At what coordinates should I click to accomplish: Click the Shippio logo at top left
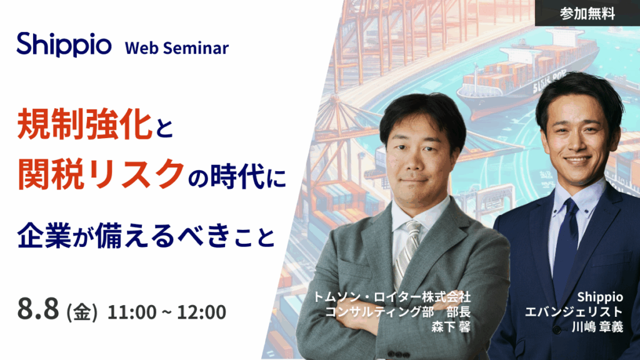click(x=64, y=45)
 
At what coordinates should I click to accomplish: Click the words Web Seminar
click(x=177, y=48)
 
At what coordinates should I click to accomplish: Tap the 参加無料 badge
click(x=587, y=14)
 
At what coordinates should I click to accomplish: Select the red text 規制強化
click(x=85, y=124)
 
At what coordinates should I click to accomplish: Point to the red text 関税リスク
click(x=101, y=174)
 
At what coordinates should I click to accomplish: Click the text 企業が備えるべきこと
click(x=146, y=236)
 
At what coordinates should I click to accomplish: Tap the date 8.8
click(x=38, y=309)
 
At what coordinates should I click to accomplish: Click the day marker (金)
click(x=82, y=312)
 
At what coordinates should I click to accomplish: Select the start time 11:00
click(x=132, y=312)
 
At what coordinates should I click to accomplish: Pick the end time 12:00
click(x=202, y=312)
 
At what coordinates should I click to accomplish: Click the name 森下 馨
click(x=451, y=326)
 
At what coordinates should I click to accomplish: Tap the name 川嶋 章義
click(x=597, y=326)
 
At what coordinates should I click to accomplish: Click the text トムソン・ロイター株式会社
click(x=392, y=297)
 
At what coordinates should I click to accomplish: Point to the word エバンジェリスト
click(x=574, y=312)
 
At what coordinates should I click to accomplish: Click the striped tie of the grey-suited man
click(x=406, y=252)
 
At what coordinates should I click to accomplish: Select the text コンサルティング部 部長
click(x=398, y=312)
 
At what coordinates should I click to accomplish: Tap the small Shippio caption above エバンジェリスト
click(x=600, y=297)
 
